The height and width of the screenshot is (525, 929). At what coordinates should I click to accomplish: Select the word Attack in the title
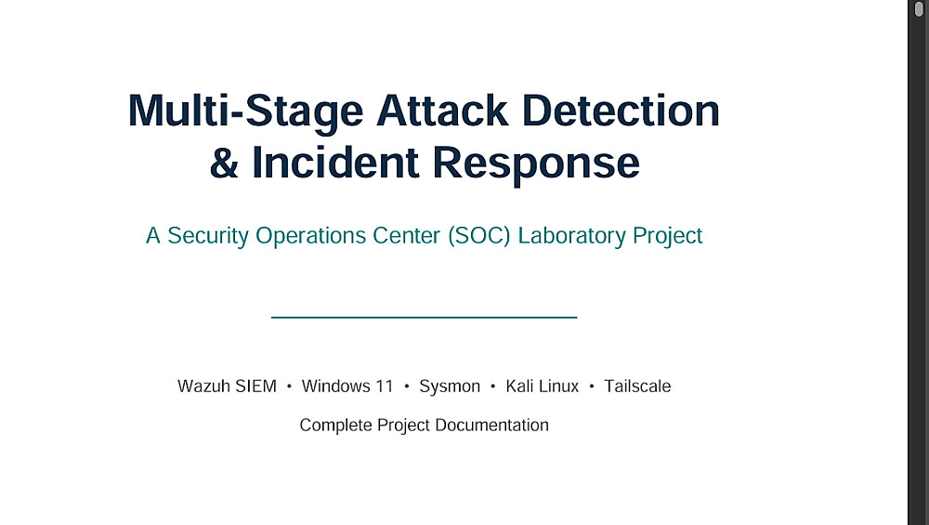pos(442,111)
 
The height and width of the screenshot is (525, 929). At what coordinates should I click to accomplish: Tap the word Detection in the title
pos(621,111)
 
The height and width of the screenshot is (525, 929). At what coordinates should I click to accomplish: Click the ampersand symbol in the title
pos(224,163)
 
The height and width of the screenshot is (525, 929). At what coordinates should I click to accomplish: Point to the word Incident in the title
pos(335,163)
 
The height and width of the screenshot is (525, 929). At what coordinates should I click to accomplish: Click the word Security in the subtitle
pos(208,236)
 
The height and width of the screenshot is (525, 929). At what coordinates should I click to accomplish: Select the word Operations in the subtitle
pos(310,236)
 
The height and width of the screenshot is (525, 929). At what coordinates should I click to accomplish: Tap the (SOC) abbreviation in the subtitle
pos(478,236)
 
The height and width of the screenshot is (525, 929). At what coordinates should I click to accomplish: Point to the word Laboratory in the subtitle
pos(571,236)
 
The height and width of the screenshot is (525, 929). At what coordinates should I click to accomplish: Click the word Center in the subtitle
pos(407,236)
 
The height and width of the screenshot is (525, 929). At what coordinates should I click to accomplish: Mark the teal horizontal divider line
pos(425,318)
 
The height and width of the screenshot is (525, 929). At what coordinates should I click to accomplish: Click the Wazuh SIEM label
pos(227,387)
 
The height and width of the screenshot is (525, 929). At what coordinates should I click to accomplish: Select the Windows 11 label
pos(347,387)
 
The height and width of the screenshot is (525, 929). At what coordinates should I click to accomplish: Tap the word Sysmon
pos(450,387)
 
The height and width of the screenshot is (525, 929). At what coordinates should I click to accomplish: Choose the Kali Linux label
pos(543,387)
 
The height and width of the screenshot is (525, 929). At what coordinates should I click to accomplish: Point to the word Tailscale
pos(637,387)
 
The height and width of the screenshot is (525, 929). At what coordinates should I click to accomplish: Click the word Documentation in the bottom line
pos(491,425)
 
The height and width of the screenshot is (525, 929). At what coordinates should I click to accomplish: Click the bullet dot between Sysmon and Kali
pos(493,387)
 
